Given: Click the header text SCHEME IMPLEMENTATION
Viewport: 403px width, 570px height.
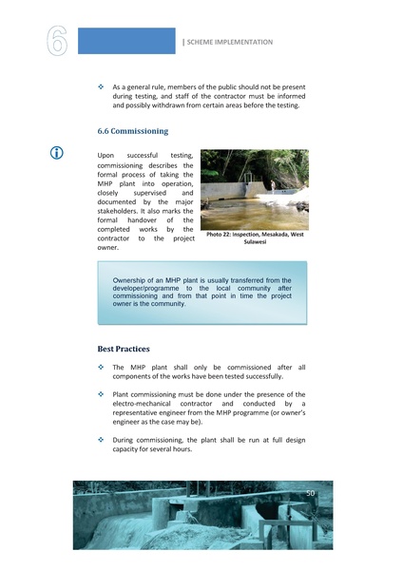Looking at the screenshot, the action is coord(229,42).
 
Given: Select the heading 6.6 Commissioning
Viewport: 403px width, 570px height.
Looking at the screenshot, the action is coord(133,131).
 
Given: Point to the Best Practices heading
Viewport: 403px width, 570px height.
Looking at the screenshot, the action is coord(124,349).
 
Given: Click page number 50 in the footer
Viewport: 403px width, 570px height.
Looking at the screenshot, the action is coord(310,493).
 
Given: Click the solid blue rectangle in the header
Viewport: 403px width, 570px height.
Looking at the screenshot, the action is coord(125,41).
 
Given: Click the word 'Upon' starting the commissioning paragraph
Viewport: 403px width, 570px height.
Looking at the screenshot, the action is coord(106,155).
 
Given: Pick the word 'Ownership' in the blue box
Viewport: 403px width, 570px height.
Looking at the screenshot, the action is coord(133,281).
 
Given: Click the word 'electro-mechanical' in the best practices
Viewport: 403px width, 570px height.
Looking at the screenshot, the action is coord(145,404).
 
